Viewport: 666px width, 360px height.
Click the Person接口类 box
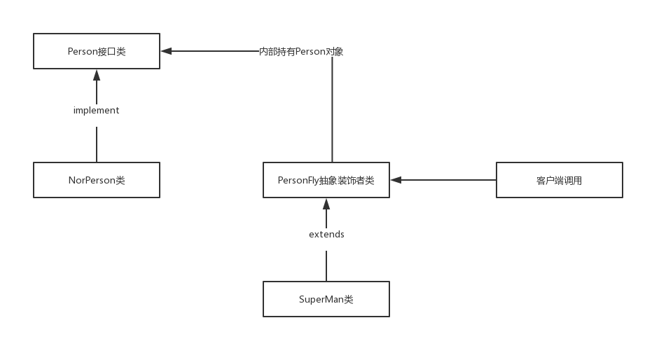[x=97, y=51]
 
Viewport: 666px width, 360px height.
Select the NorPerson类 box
[x=97, y=180]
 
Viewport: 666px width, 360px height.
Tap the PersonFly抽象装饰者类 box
[x=326, y=180]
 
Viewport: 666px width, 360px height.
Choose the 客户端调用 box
[x=559, y=180]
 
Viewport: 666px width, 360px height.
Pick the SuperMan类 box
[x=326, y=299]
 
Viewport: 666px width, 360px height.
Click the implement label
[x=97, y=111]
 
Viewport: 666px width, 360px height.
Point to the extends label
[x=326, y=235]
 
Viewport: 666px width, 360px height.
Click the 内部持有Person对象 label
[x=301, y=51]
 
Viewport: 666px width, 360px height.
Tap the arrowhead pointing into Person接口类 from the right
[x=165, y=51]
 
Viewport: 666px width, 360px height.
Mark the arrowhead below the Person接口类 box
[x=97, y=74]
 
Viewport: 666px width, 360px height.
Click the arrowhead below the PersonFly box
[x=326, y=203]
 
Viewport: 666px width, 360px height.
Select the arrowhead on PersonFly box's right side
[x=396, y=180]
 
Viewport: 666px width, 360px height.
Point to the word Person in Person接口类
[x=81, y=51]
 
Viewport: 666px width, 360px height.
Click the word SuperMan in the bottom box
[x=321, y=299]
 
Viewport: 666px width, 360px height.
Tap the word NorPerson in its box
[x=92, y=180]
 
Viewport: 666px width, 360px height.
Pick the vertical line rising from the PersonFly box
[x=332, y=112]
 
